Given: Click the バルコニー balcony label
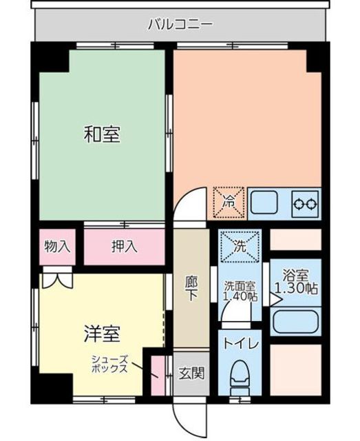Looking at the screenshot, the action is [x=180, y=24].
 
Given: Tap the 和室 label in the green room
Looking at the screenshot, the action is [x=102, y=135].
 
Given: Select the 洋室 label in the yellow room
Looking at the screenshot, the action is [x=102, y=334].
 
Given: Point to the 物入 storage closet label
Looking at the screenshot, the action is [x=57, y=247].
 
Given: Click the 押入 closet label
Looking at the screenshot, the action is [x=124, y=247].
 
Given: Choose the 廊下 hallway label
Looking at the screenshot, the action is [x=191, y=288].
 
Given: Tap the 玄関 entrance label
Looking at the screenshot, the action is [x=191, y=373].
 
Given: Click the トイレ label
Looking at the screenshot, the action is [x=240, y=343].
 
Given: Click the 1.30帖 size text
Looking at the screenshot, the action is [x=296, y=288].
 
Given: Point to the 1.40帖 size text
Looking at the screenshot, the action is [x=240, y=296].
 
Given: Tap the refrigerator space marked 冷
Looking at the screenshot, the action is [x=229, y=203].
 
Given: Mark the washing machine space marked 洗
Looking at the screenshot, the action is [x=240, y=247].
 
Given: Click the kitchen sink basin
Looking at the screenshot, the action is [x=264, y=203].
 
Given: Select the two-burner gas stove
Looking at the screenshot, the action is [x=306, y=203].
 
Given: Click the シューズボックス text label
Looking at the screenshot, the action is [x=109, y=364].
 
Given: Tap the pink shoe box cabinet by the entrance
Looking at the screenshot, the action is [x=158, y=376].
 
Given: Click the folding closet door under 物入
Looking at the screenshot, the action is [x=57, y=280].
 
